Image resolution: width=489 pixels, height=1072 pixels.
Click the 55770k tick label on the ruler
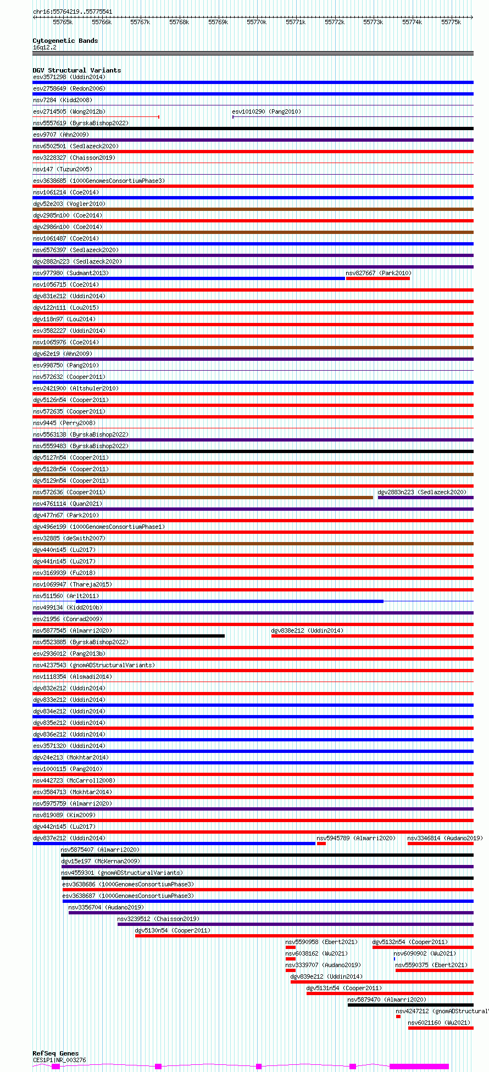point(257,22)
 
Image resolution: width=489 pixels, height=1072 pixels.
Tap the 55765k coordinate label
point(63,22)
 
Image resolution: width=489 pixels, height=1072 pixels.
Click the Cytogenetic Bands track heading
point(65,41)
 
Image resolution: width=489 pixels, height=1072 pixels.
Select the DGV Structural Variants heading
point(76,70)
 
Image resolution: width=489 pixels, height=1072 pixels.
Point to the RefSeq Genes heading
point(55,1053)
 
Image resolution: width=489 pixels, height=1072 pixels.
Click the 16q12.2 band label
point(45,47)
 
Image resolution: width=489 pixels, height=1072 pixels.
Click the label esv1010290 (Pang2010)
point(266,111)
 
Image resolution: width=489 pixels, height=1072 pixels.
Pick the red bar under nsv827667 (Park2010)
point(377,278)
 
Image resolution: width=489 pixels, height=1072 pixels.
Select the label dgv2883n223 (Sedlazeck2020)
point(421,492)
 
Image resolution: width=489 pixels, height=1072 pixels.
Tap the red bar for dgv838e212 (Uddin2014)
point(372,636)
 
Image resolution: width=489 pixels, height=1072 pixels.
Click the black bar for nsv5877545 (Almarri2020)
point(129,636)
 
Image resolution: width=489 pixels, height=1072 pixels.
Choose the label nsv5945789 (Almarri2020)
point(356,838)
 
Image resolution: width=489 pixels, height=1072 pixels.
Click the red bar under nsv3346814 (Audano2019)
point(440,844)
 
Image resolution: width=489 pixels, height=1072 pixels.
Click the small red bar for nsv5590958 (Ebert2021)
point(291,947)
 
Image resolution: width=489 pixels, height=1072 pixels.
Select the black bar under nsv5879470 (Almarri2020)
point(410,1005)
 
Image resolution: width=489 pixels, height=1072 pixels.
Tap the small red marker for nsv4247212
point(398,1017)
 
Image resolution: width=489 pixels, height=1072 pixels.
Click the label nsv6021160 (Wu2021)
point(439,1023)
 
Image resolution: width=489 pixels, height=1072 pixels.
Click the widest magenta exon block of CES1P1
point(419,1067)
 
